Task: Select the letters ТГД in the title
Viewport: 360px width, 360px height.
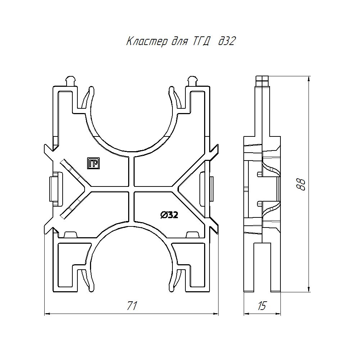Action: [x=200, y=41]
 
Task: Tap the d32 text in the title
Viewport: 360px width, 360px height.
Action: [x=226, y=41]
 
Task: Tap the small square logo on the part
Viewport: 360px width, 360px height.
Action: [x=94, y=163]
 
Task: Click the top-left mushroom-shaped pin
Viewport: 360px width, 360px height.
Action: [x=71, y=81]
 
